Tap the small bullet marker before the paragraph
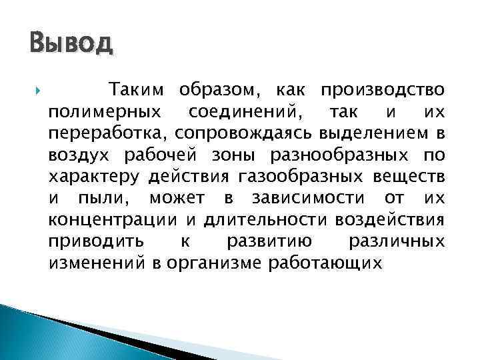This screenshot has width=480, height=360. point(27,90)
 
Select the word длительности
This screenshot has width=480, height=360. point(248,220)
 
